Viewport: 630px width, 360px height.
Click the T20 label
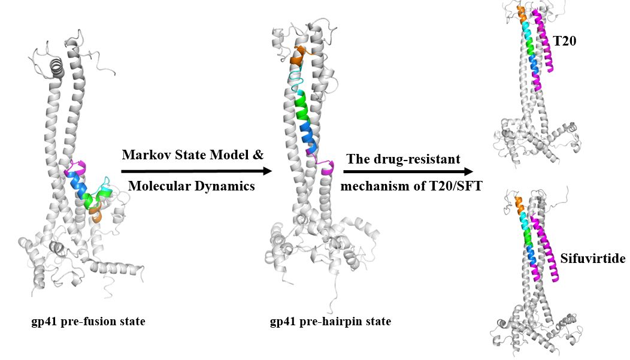[565, 41]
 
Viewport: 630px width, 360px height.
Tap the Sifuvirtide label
[593, 258]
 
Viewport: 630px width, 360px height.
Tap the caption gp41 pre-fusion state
[89, 322]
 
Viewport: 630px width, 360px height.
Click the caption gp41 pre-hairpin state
[330, 322]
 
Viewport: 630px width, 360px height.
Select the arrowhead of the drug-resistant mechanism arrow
[468, 171]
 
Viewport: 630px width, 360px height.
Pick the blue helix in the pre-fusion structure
[79, 186]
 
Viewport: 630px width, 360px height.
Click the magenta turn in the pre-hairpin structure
[328, 167]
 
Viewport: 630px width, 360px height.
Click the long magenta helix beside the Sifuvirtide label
[545, 249]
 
